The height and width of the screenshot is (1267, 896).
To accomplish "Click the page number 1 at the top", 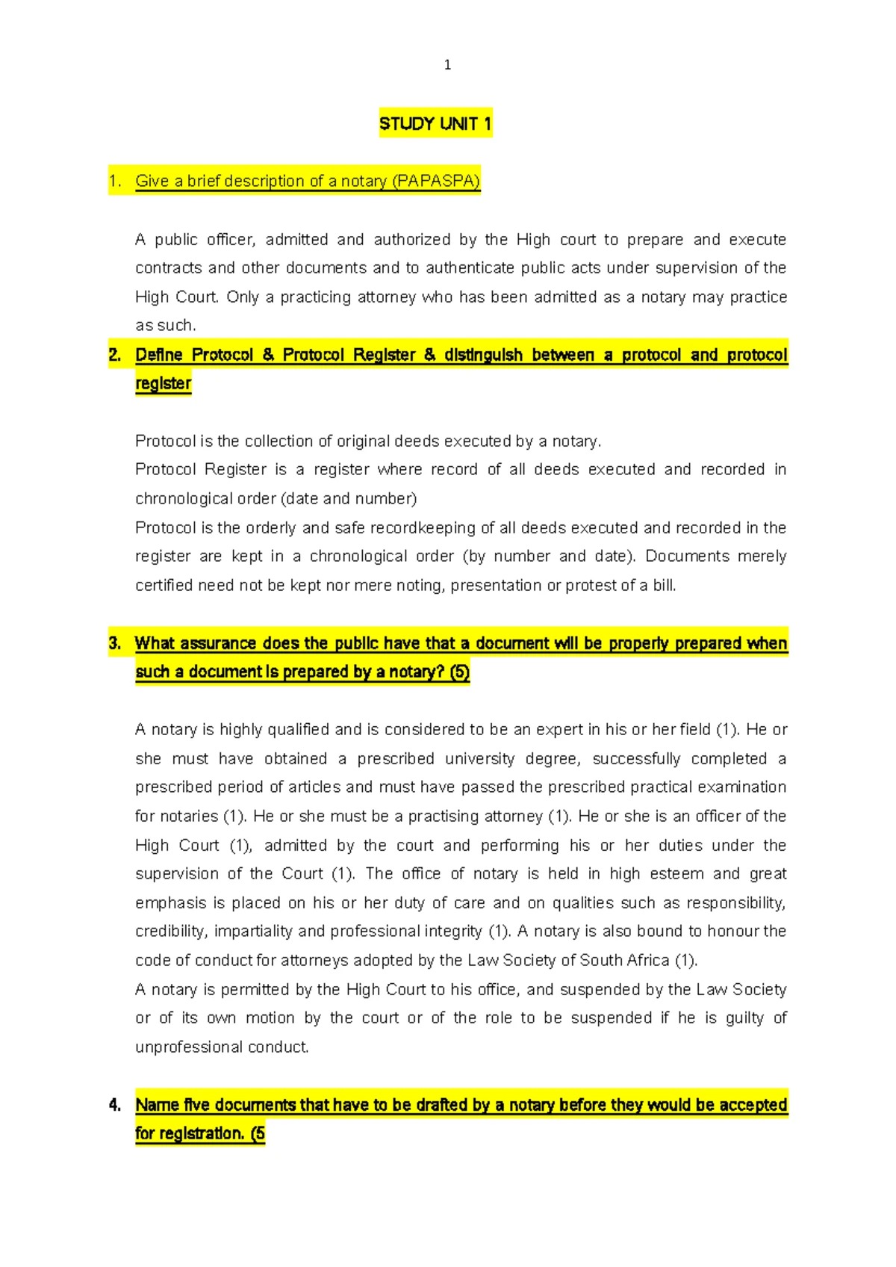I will (x=447, y=65).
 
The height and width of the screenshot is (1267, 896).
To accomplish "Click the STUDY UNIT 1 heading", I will (x=435, y=124).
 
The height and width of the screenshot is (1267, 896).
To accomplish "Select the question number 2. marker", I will (x=115, y=355).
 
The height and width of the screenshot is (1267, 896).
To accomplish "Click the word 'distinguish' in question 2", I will (x=483, y=355).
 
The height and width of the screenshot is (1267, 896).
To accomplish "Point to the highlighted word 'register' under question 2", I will (x=163, y=383).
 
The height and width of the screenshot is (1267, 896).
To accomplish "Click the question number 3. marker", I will (x=115, y=643).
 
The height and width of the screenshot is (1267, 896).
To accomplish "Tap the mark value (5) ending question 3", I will (x=460, y=672).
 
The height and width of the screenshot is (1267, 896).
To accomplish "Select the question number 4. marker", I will (x=115, y=1105).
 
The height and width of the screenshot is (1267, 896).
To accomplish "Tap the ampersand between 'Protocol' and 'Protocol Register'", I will (x=268, y=355).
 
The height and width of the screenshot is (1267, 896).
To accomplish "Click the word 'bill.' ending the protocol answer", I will (x=664, y=585).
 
